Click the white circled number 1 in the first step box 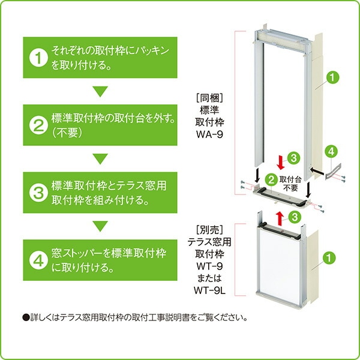coord(38,58)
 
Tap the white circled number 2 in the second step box coord(38,125)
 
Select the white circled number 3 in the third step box coord(38,192)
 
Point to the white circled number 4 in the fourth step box coord(38,260)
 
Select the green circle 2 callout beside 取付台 coord(271,179)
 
